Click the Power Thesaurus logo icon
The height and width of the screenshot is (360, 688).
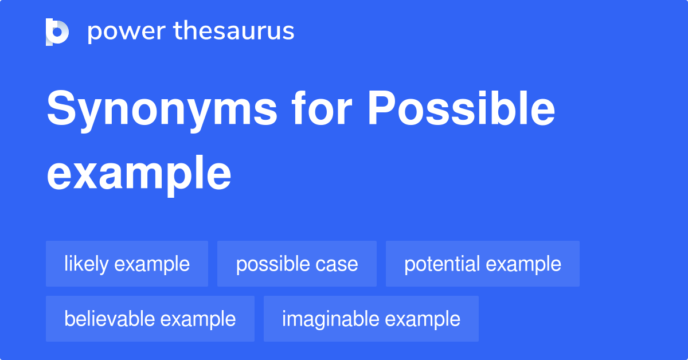pyautogui.click(x=57, y=32)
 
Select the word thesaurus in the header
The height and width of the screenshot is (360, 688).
pyautogui.click(x=234, y=32)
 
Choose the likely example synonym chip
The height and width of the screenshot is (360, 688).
pyautogui.click(x=127, y=264)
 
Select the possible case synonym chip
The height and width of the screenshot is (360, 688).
pyautogui.click(x=296, y=264)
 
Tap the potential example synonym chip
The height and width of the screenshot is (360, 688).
pyautogui.click(x=482, y=264)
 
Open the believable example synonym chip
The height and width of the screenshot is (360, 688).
pyautogui.click(x=150, y=319)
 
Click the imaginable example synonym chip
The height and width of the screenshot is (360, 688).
pyautogui.click(x=371, y=319)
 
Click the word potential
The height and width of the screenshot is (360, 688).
pyautogui.click(x=442, y=264)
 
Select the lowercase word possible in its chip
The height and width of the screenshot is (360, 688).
pyautogui.click(x=272, y=264)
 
